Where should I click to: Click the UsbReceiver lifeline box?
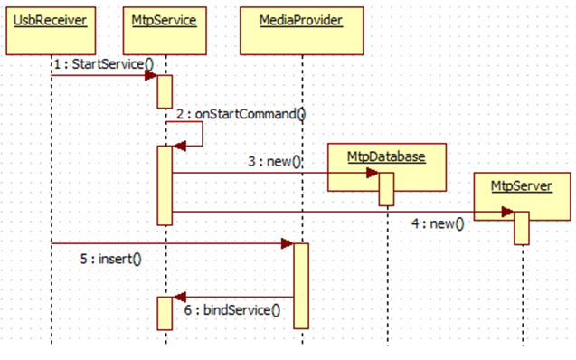51,19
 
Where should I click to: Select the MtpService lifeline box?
165,19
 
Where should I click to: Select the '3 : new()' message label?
275,161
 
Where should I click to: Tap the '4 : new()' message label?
436,223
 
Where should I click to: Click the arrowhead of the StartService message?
153,76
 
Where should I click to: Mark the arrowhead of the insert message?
287,243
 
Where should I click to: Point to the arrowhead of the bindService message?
179,297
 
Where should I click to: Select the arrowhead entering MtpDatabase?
372,173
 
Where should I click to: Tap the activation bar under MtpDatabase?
386,189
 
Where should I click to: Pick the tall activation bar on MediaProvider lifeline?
300,286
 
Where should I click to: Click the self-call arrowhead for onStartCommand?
179,146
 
